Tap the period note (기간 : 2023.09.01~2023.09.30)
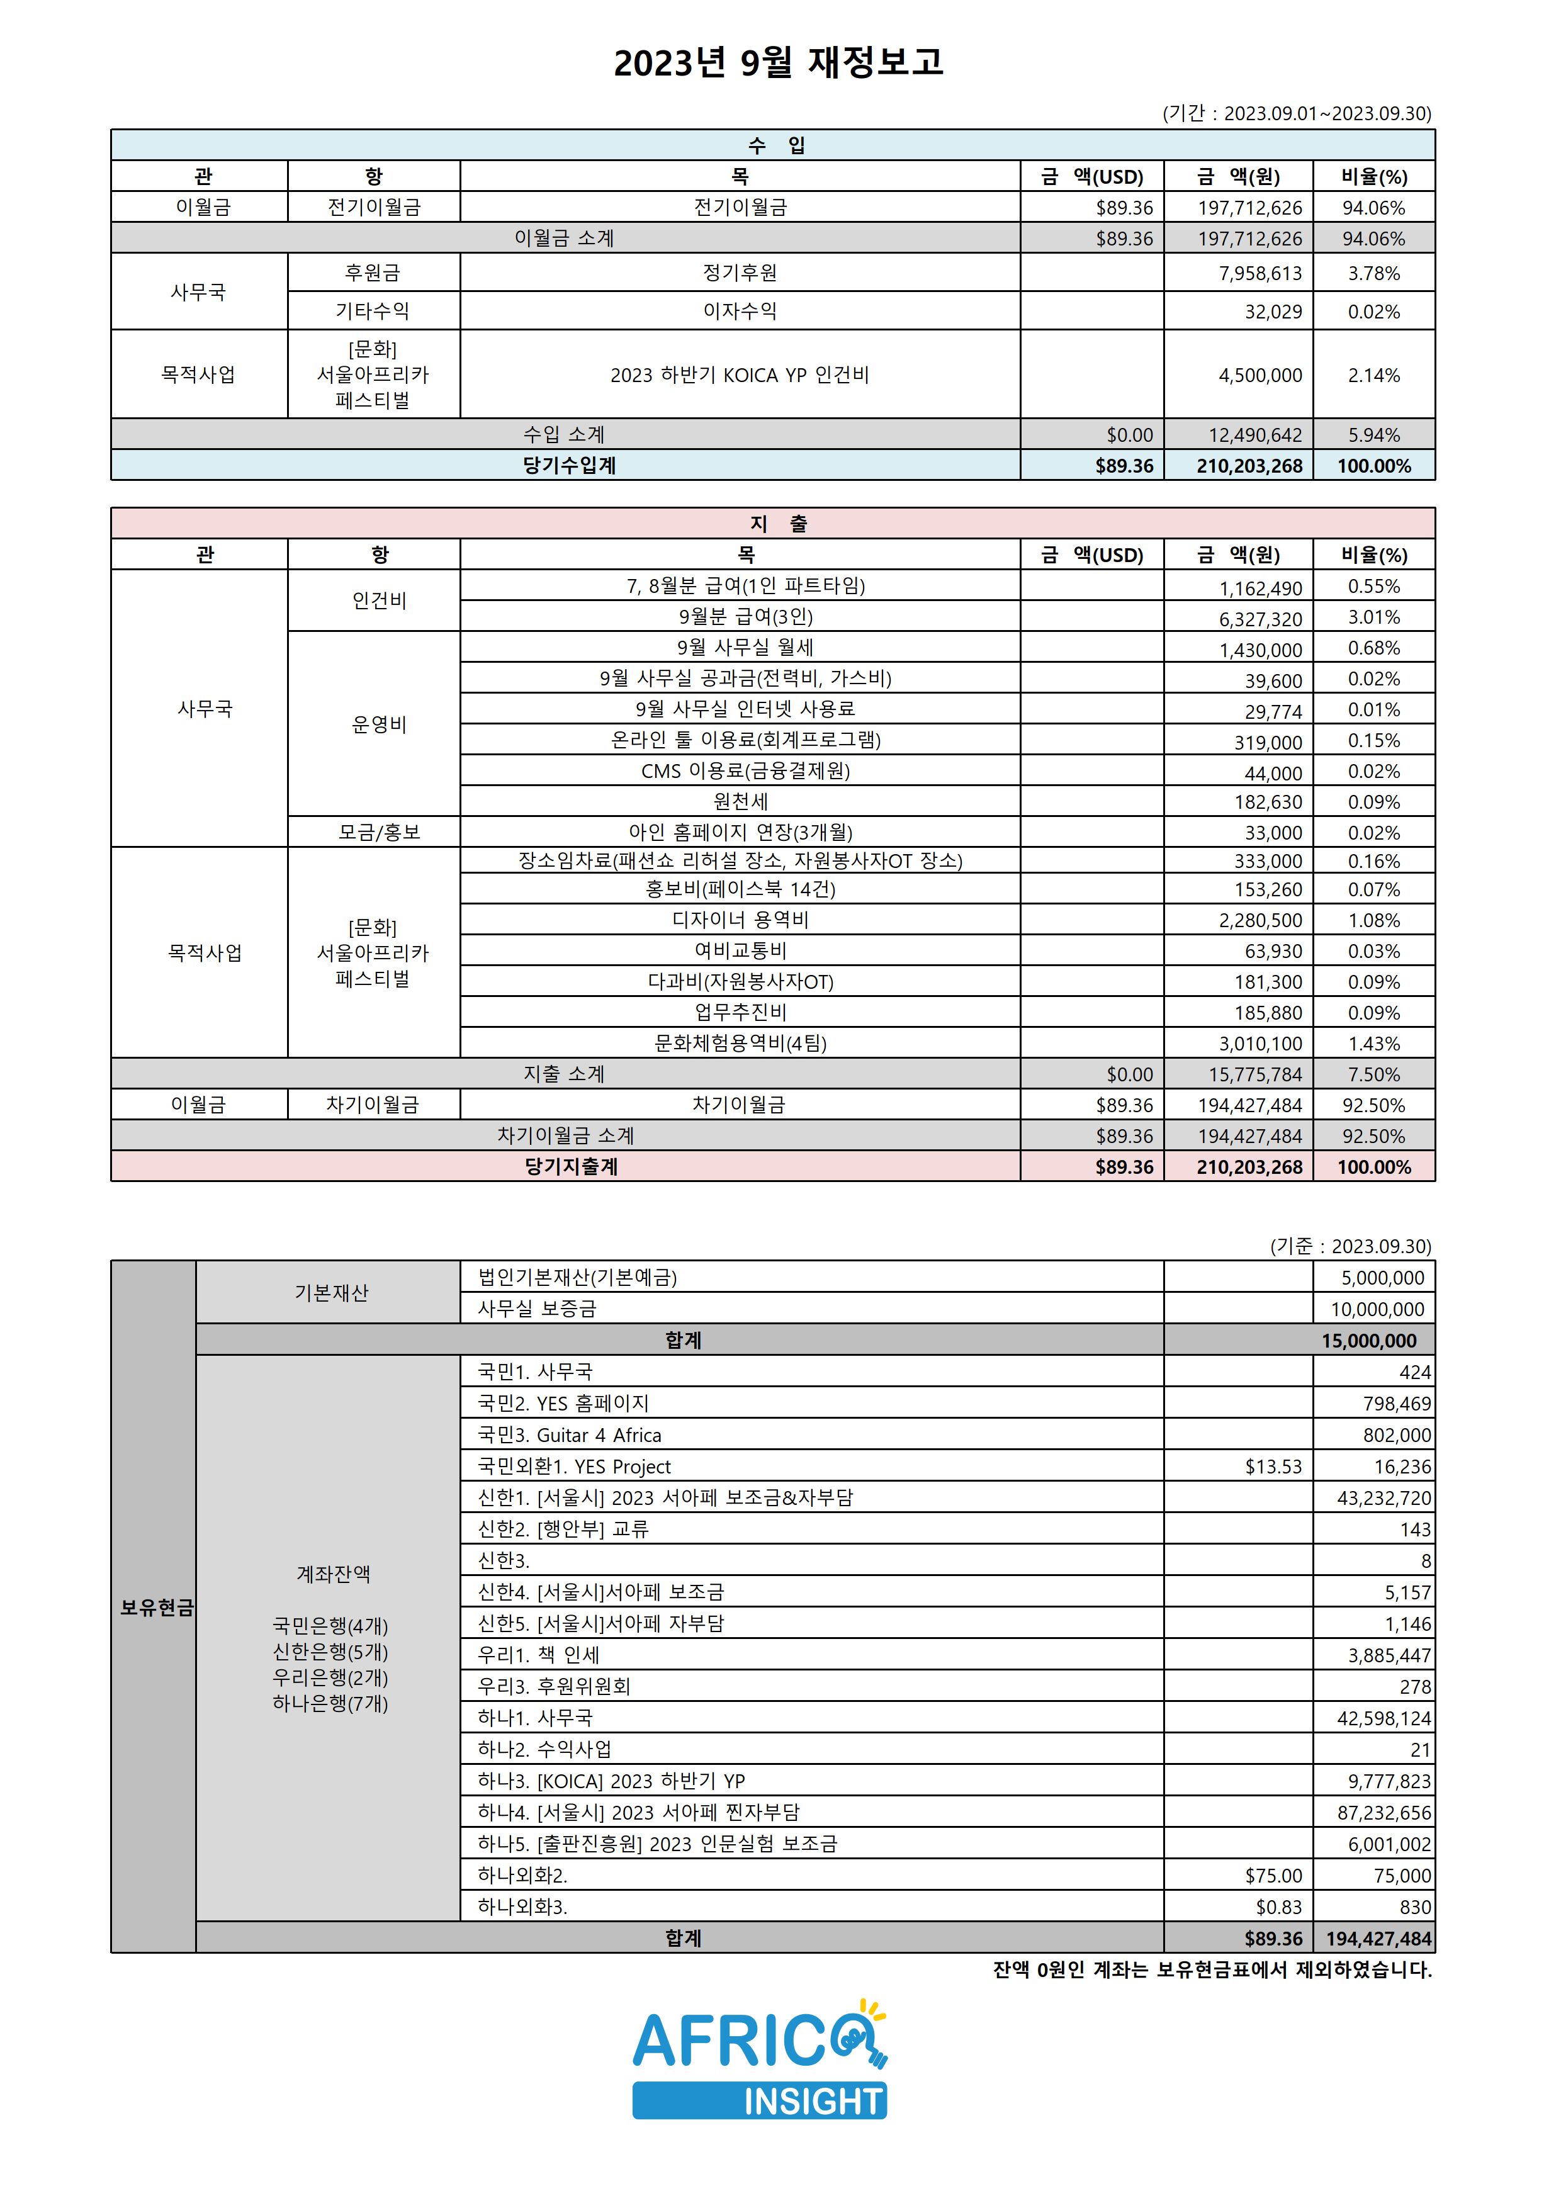[x=1297, y=113]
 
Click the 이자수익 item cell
[x=740, y=312]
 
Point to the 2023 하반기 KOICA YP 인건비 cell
[x=740, y=375]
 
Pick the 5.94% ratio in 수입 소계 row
[x=1373, y=436]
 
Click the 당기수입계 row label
[x=570, y=465]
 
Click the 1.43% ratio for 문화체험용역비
[x=1373, y=1044]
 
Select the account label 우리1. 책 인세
[x=539, y=1655]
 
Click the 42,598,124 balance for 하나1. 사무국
[x=1383, y=1718]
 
